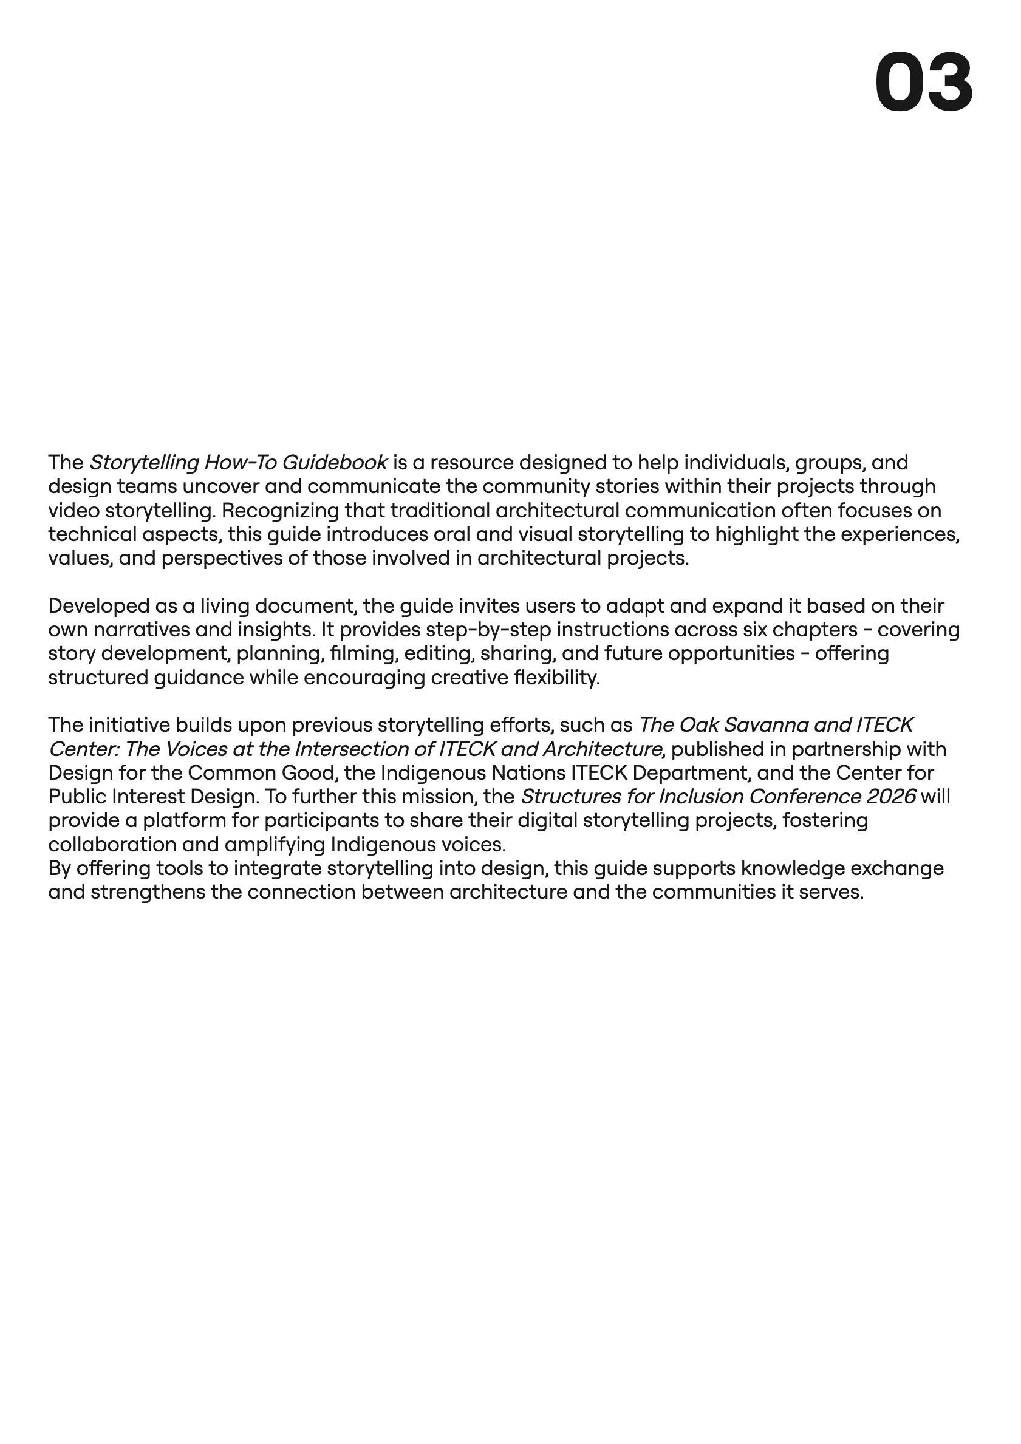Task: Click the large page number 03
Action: click(923, 83)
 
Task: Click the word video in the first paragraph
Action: click(73, 511)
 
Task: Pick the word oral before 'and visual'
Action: click(452, 534)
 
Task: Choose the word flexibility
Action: click(557, 678)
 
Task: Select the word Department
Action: click(688, 773)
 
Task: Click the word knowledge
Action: click(792, 868)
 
